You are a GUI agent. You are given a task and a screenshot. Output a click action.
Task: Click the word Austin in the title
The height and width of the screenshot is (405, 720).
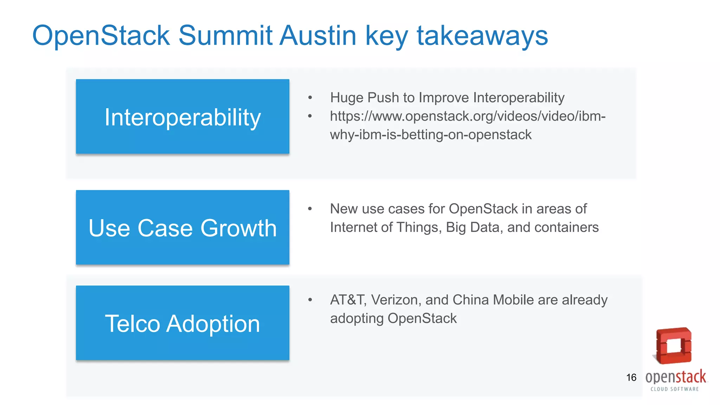click(x=318, y=36)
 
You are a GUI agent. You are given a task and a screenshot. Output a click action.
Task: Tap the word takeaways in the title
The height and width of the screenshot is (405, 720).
click(x=482, y=36)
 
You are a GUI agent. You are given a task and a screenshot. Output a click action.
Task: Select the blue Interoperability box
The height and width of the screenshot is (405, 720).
click(x=182, y=116)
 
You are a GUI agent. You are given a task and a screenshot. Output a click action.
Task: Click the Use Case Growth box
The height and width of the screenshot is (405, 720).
click(x=182, y=227)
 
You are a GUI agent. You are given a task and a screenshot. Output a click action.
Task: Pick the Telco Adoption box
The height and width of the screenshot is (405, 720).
click(x=182, y=323)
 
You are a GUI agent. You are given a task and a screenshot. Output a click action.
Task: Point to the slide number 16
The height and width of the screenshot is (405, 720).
click(x=631, y=378)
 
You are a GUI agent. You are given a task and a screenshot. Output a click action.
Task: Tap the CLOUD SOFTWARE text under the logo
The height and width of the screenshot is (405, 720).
click(x=674, y=389)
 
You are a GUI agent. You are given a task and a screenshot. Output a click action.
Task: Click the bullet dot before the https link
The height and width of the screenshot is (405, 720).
click(x=310, y=116)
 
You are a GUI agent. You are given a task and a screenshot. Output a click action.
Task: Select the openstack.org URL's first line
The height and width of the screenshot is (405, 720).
click(x=468, y=116)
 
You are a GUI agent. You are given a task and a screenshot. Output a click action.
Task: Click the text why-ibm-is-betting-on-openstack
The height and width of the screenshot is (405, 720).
click(x=430, y=135)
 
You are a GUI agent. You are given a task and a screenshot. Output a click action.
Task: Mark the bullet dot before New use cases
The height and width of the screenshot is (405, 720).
click(x=310, y=209)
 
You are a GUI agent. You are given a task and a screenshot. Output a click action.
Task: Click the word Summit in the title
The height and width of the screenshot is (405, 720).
click(x=225, y=36)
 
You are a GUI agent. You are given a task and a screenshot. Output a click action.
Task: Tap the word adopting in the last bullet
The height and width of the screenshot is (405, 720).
click(x=356, y=319)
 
